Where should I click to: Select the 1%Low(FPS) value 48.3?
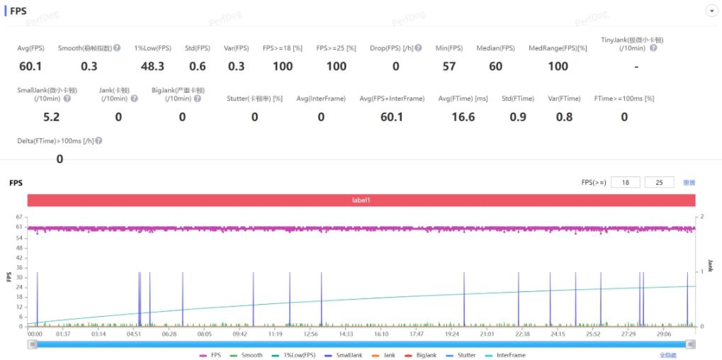click(152, 66)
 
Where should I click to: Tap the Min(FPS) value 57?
click(449, 66)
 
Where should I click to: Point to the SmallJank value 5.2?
click(51, 117)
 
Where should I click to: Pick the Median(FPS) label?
click(497, 48)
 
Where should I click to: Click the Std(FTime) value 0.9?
click(518, 117)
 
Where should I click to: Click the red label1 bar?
click(361, 201)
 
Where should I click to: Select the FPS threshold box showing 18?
click(625, 182)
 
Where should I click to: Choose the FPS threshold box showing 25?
click(659, 182)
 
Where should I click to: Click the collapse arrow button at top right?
click(711, 11)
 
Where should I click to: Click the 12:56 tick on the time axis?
click(310, 333)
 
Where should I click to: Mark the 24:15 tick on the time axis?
click(558, 333)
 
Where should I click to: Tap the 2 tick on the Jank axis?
click(701, 216)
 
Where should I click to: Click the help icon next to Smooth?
click(118, 48)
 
